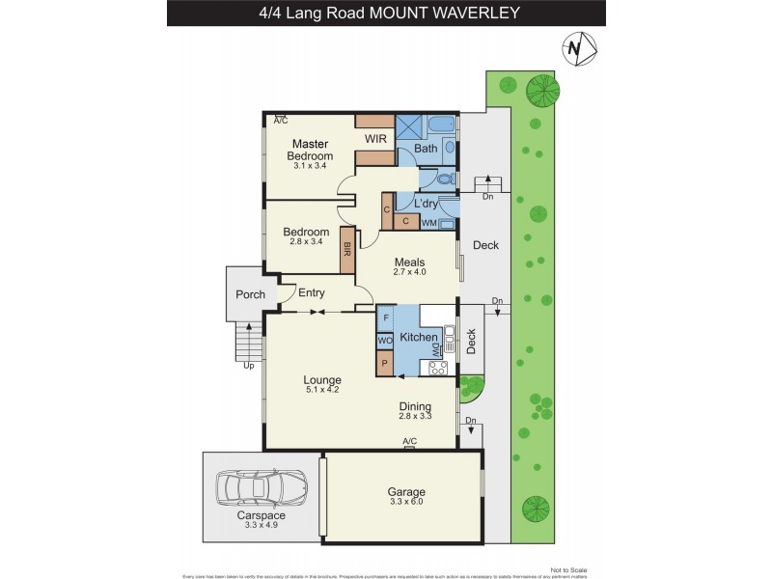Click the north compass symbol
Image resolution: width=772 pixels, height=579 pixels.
(x=577, y=47)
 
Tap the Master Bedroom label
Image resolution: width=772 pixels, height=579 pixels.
(x=312, y=150)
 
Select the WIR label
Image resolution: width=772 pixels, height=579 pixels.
(x=375, y=139)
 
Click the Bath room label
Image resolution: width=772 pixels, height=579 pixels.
(x=426, y=149)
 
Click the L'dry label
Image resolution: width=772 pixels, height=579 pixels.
(x=427, y=204)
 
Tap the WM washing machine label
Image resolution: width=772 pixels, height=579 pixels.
(x=428, y=223)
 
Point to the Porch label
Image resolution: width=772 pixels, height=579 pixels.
(x=251, y=294)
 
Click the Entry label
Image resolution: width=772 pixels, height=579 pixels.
(x=311, y=293)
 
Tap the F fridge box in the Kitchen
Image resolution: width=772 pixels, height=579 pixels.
(x=385, y=317)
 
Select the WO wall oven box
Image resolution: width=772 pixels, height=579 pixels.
(x=384, y=341)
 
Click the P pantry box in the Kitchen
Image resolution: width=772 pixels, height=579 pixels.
(x=385, y=365)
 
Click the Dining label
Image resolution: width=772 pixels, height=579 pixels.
(x=415, y=406)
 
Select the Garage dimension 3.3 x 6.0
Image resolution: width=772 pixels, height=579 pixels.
(x=405, y=502)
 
